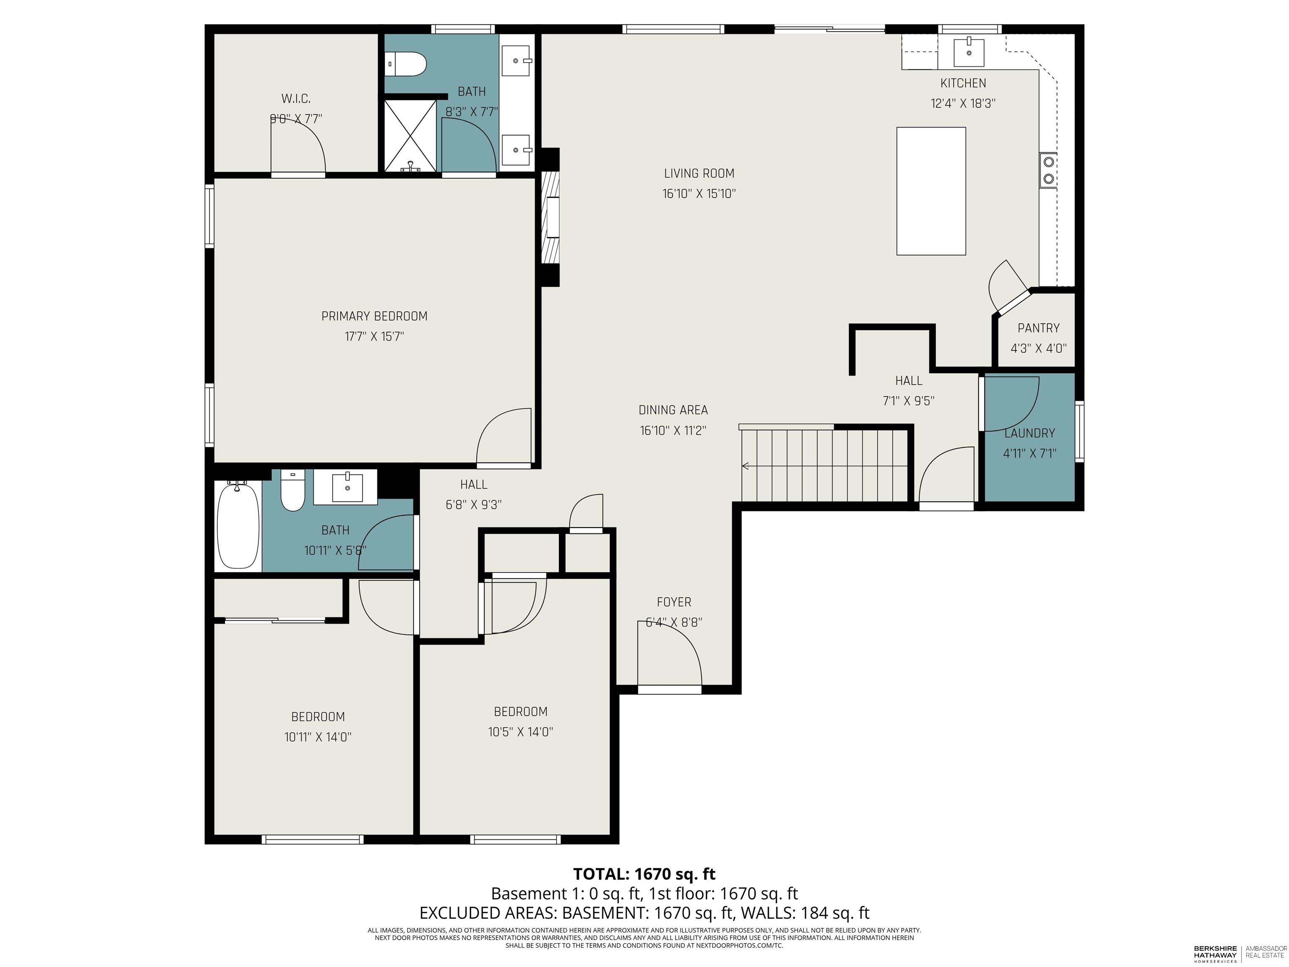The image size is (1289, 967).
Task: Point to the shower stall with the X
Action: tap(411, 135)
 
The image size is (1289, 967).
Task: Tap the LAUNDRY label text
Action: tap(1029, 433)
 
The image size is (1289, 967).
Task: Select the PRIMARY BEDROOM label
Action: tap(374, 316)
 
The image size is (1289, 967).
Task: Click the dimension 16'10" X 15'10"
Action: tap(699, 193)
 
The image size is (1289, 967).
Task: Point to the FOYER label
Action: tap(673, 602)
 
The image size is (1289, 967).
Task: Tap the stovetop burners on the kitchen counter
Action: tap(1048, 170)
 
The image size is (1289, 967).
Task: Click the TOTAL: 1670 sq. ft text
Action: tap(644, 874)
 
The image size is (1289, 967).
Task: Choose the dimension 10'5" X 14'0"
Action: tap(520, 732)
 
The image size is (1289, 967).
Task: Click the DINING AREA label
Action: tap(673, 410)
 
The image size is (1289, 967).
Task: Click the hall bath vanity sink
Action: tap(347, 487)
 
